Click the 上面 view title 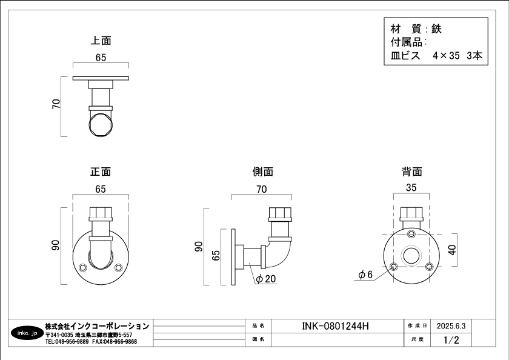click(101, 41)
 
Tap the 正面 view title click(101, 172)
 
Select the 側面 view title click(262, 172)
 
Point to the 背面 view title click(411, 172)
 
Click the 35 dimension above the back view click(411, 188)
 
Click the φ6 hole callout click(365, 275)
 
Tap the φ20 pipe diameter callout click(265, 279)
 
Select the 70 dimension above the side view click(261, 190)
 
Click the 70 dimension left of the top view click(56, 104)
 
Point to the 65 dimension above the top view click(101, 58)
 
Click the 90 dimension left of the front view click(56, 245)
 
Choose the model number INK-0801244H click(335, 326)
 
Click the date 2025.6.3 click(450, 326)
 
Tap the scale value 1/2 click(451, 340)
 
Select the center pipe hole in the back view click(411, 255)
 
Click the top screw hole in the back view click(411, 234)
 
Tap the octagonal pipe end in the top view click(101, 125)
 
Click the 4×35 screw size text click(447, 56)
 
